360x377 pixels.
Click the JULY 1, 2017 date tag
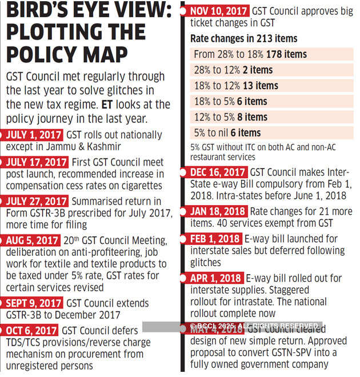(34, 135)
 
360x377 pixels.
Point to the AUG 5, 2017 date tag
(32, 240)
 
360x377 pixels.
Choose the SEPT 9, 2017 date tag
(34, 303)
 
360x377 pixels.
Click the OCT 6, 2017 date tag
(31, 331)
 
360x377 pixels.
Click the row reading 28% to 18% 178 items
(251, 55)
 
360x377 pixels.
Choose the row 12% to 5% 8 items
(231, 117)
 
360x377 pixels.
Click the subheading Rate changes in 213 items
(243, 39)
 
